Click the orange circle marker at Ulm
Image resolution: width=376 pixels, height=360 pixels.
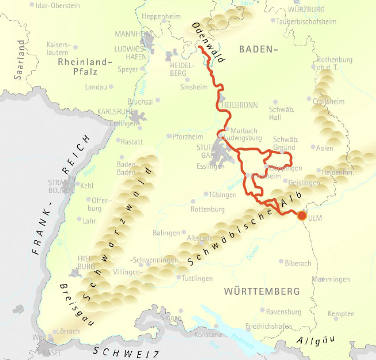(x=302, y=216)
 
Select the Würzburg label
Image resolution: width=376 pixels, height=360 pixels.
(x=307, y=10)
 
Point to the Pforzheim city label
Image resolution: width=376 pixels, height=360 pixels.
(x=188, y=137)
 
